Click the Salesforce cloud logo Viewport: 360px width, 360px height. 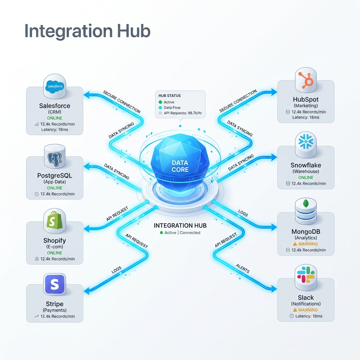click(54, 86)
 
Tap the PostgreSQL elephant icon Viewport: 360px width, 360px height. click(54, 159)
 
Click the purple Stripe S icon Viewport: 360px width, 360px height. click(54, 284)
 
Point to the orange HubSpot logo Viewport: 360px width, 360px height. click(306, 80)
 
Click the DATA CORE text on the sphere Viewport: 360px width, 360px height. click(180, 166)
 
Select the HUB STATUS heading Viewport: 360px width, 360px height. click(169, 96)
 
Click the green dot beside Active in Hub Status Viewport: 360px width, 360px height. click(160, 102)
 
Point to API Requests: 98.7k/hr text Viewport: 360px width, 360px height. click(183, 113)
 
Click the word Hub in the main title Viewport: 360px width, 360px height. click(134, 31)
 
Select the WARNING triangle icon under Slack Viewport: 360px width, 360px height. click(295, 310)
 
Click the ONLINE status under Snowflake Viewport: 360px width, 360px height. click(306, 178)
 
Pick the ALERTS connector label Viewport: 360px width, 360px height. click(243, 268)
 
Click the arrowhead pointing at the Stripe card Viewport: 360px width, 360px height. click(87, 291)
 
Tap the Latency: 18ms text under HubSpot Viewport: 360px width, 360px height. click(306, 117)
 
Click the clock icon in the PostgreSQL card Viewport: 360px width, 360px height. click(37, 194)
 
